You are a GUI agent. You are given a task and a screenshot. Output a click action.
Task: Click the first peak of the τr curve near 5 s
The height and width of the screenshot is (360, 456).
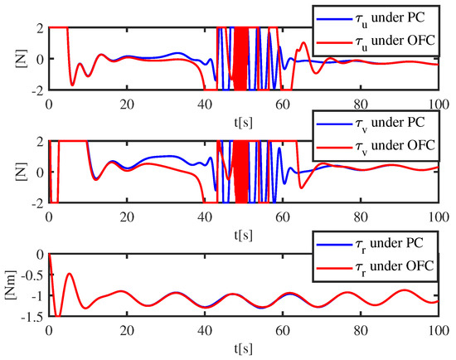(70, 274)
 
